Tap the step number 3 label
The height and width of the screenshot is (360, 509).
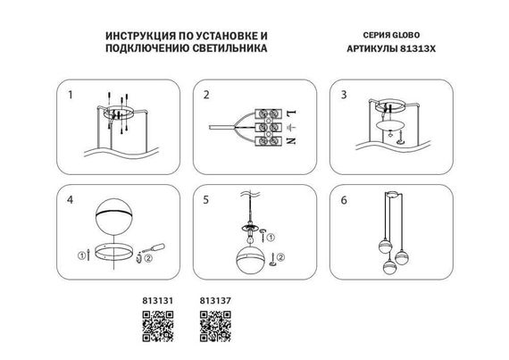(341, 94)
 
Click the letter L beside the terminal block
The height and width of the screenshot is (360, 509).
(290, 112)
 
